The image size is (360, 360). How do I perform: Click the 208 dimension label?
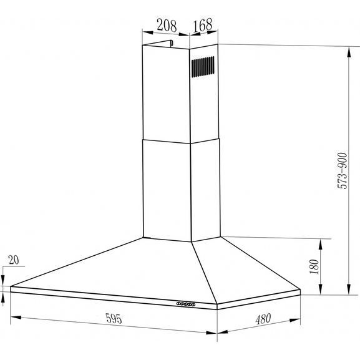click(x=167, y=26)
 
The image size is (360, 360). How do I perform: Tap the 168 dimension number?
click(x=203, y=25)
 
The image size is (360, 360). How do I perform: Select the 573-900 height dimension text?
click(x=343, y=170)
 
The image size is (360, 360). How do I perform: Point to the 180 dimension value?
click(x=314, y=266)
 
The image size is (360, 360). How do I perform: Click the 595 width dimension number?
click(x=114, y=318)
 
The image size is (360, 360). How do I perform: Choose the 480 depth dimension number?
click(x=263, y=319)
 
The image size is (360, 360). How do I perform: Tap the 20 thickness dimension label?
click(x=14, y=260)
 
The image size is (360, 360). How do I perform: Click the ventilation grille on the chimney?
click(x=203, y=67)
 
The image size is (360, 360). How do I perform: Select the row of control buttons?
click(x=186, y=304)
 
